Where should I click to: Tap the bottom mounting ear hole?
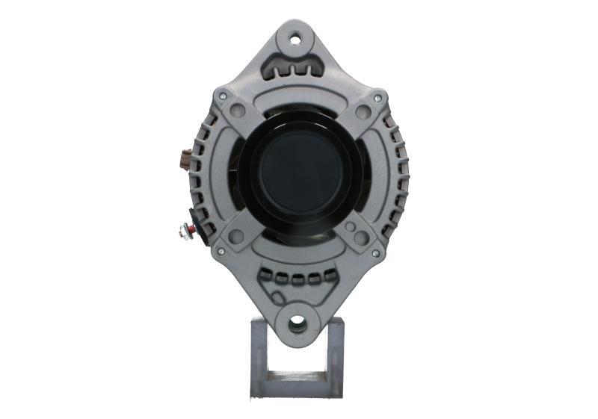click(x=298, y=323)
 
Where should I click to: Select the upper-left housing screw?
click(x=221, y=96)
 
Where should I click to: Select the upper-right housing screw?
click(x=377, y=98)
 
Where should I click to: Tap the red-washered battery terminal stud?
click(x=183, y=230)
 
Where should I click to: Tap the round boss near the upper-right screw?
click(x=363, y=112)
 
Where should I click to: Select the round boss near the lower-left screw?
click(x=236, y=236)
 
